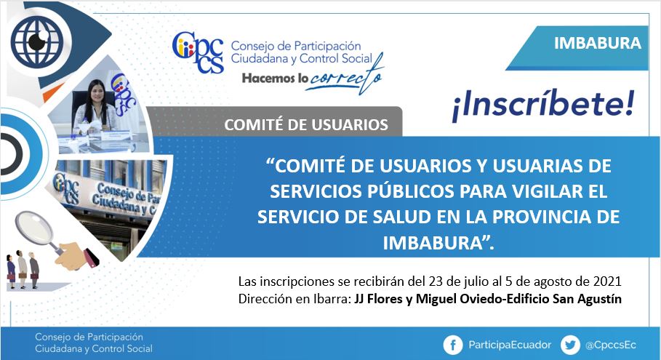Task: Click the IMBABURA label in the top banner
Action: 597,43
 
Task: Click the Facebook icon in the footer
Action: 453,345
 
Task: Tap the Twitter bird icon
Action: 570,345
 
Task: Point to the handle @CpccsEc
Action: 610,345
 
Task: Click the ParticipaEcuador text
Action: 510,345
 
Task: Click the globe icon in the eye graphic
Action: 36,41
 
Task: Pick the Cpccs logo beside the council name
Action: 198,52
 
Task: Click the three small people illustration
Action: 23,269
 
